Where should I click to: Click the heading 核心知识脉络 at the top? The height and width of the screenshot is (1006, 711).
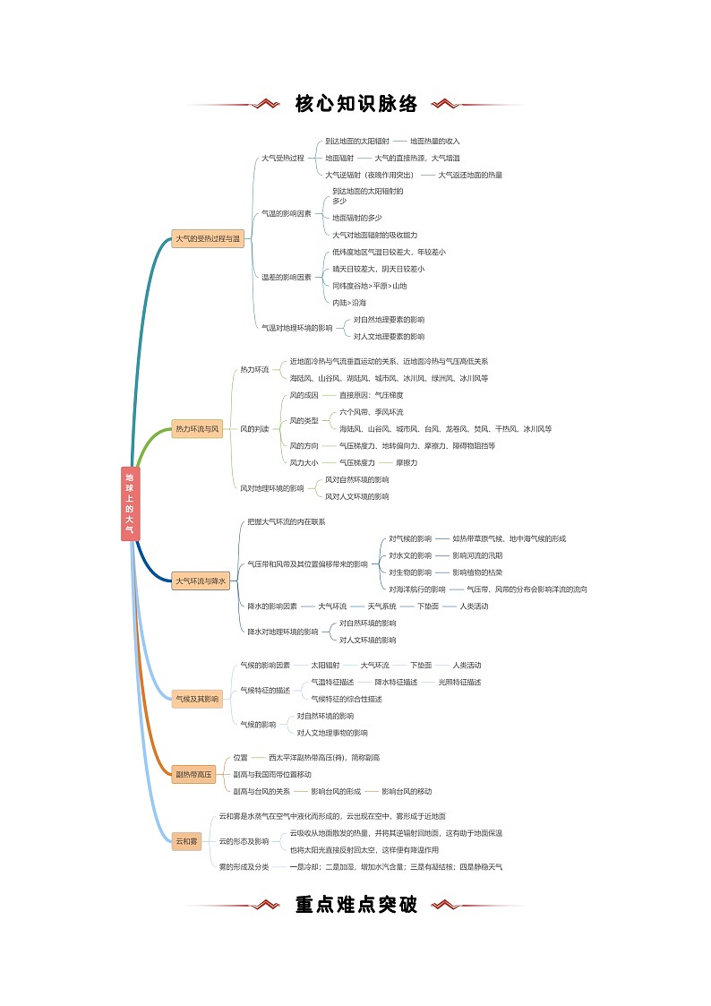point(356,104)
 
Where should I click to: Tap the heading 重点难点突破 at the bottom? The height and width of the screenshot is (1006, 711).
point(356,905)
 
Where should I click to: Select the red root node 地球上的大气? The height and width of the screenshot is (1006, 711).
point(130,503)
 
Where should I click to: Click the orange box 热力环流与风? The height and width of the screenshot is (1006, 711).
point(197,429)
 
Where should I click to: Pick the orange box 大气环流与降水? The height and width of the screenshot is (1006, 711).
point(201,580)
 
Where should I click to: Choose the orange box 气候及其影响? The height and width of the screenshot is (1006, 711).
point(197,699)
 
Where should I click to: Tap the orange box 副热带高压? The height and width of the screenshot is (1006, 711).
point(193,774)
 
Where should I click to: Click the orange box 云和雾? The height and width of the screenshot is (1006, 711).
point(187,841)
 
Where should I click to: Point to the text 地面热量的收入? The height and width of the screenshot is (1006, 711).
point(435,141)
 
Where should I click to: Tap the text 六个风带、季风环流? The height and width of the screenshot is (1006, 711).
point(372,412)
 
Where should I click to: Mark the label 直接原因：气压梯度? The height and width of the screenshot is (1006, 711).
point(371,395)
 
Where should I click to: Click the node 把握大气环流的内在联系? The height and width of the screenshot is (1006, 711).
point(287,521)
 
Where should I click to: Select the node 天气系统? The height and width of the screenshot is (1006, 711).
point(381,606)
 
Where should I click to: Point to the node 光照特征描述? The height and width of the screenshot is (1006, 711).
point(459,682)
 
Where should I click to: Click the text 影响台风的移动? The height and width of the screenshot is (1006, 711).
point(407,791)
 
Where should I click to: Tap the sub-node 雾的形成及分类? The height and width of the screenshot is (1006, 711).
point(244,866)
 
